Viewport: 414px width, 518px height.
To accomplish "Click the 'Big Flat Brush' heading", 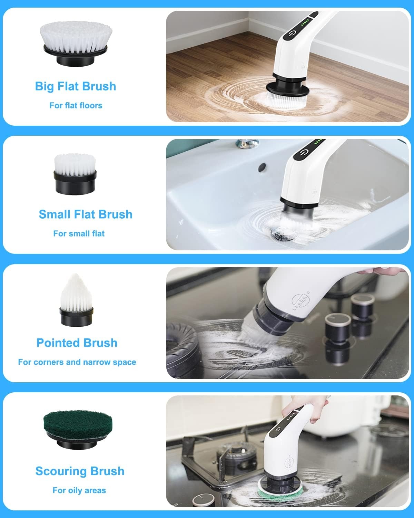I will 76,86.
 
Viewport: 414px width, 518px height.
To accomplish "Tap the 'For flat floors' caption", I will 76,105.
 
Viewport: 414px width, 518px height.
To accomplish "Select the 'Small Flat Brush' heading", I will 86,214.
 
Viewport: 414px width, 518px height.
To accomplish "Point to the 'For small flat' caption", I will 79,233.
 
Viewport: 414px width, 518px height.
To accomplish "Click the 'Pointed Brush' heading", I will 77,343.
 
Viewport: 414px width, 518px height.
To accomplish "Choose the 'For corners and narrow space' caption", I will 77,362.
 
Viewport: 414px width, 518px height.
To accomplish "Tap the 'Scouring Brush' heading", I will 80,471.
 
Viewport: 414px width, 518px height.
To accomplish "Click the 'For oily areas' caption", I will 79,490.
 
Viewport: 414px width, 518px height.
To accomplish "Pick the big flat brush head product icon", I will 75,43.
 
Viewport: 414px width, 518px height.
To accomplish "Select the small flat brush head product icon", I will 75,173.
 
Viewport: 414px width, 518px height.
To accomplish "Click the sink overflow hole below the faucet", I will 262,167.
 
